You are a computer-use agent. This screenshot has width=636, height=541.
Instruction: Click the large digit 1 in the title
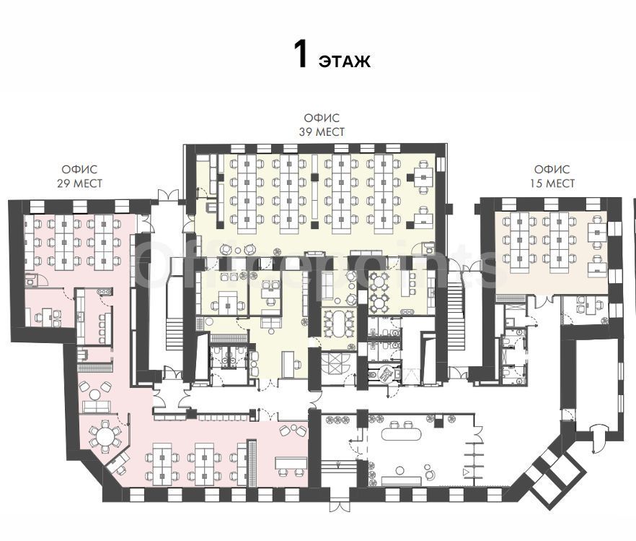tap(301, 55)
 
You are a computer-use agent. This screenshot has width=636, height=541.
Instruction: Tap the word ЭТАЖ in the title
tap(345, 61)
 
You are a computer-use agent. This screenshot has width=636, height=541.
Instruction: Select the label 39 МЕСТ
tap(322, 132)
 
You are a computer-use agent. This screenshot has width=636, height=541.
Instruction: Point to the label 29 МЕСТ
tap(79, 183)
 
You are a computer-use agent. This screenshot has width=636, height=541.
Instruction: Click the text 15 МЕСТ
tap(552, 183)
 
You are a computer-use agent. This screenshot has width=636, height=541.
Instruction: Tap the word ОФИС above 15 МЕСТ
tap(552, 169)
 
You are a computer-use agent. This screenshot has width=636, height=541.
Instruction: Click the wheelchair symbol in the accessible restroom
tap(386, 373)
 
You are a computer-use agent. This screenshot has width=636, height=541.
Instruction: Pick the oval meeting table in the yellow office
tap(339, 323)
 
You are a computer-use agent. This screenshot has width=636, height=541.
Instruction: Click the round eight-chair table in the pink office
tap(105, 436)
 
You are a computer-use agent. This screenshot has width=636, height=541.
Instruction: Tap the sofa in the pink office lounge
tap(97, 406)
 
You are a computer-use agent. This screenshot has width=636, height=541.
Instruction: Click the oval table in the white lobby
tap(401, 434)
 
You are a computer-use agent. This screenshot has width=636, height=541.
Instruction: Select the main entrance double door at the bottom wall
tap(339, 506)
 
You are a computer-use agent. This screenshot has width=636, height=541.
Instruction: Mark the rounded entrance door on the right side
tap(599, 438)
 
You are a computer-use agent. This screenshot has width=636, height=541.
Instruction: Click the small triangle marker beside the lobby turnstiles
tap(466, 472)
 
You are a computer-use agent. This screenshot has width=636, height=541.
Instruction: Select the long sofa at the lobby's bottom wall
tap(400, 481)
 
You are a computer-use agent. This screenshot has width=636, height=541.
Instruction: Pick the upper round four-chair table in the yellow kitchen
tap(379, 281)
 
